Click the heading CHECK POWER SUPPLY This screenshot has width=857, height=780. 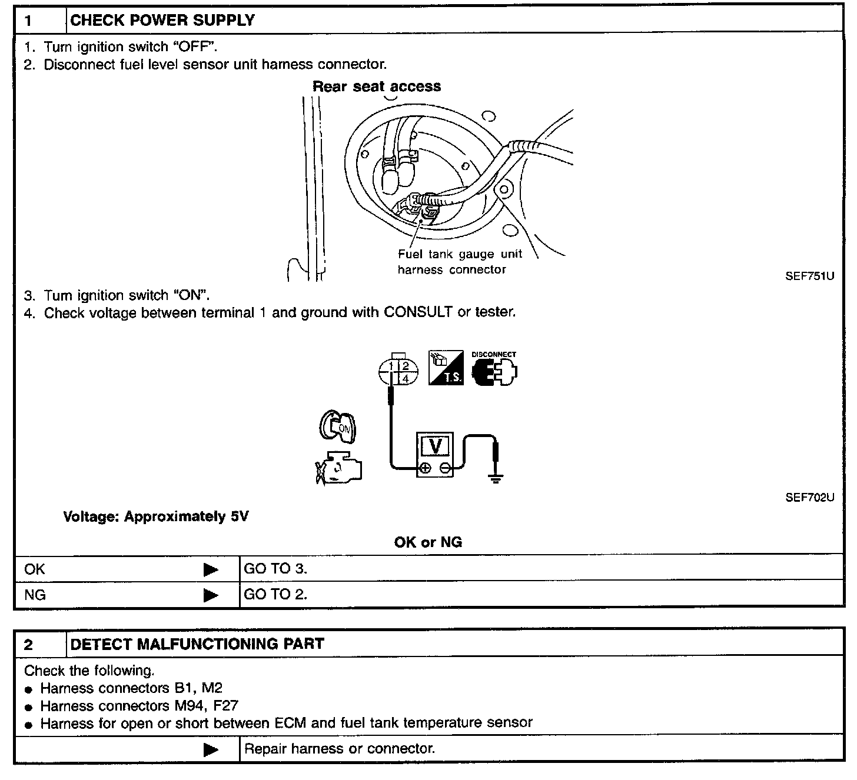tap(162, 21)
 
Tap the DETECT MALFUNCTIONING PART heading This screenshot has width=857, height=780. tap(197, 644)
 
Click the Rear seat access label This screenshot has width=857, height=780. tap(376, 86)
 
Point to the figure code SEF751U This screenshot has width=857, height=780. tap(809, 276)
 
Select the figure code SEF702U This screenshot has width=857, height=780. tap(809, 498)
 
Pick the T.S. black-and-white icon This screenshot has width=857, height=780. tap(446, 368)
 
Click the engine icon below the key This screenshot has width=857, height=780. tap(338, 468)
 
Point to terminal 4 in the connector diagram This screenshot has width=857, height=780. tap(406, 379)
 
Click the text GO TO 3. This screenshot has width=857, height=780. tap(275, 569)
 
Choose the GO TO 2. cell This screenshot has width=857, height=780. tap(275, 595)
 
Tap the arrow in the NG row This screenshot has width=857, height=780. tap(210, 595)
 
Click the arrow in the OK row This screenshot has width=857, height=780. tap(210, 569)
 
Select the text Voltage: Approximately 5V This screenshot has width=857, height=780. tap(155, 516)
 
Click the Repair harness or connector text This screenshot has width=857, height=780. tap(340, 749)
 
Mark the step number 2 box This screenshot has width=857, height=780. tap(29, 644)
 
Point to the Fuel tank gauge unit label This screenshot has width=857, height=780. tap(459, 254)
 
